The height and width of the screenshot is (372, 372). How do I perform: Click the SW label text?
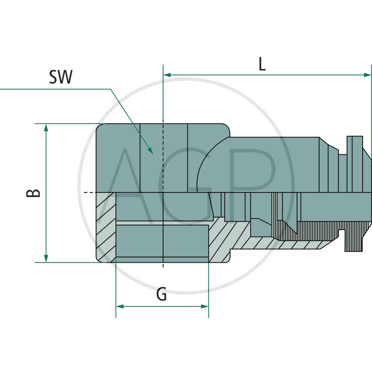point(60,77)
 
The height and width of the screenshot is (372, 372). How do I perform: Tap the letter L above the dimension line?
point(262,64)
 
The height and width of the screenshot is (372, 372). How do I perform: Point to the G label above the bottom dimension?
point(161,294)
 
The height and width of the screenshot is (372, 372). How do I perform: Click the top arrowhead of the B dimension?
point(46,128)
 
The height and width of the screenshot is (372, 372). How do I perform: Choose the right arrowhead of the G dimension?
point(204,306)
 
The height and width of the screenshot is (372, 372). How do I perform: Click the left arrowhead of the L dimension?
point(168,74)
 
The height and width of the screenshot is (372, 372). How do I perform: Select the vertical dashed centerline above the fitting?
point(163,93)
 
